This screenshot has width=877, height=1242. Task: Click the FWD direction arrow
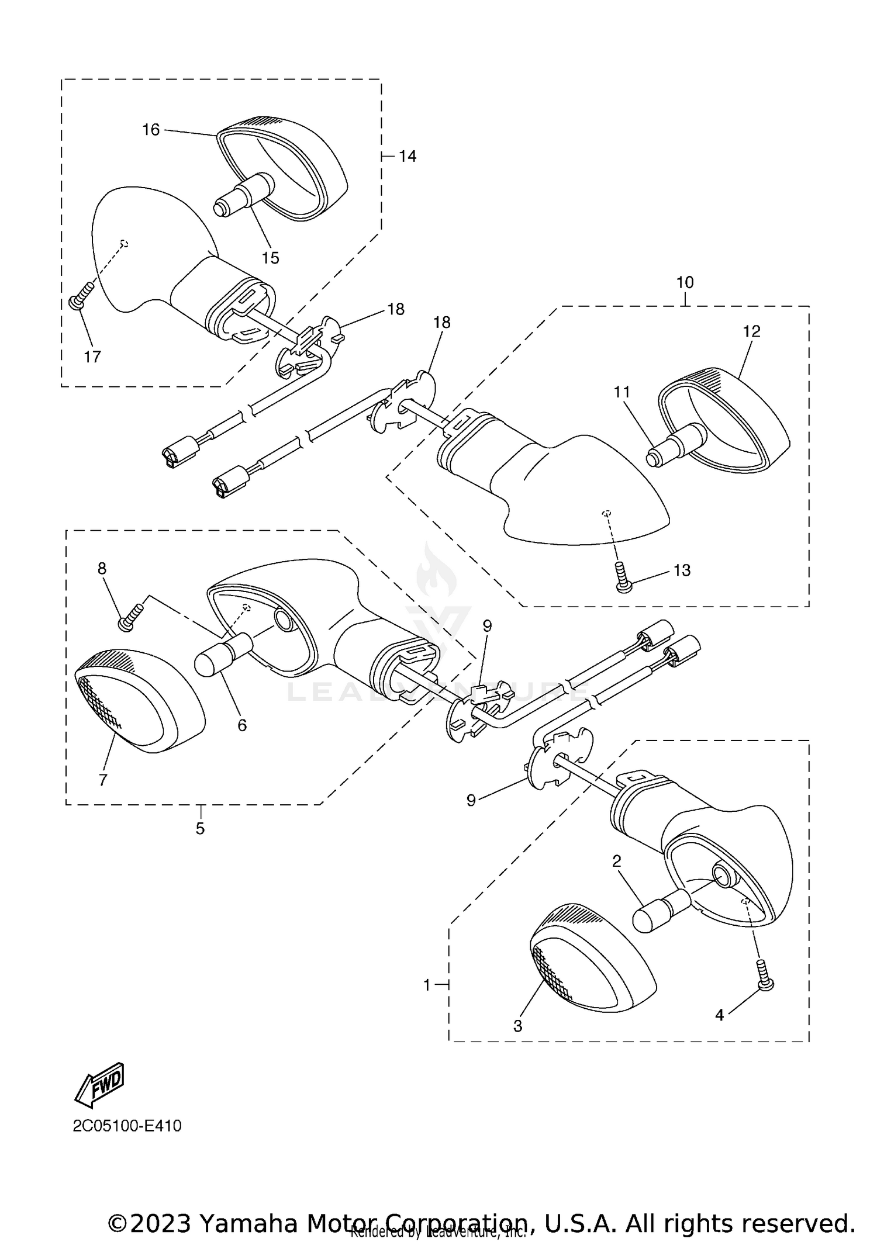99,1084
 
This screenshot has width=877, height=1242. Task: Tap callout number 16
151,129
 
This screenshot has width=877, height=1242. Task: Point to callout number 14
408,156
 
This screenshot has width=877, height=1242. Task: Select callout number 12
751,331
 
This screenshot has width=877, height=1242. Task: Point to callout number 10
685,282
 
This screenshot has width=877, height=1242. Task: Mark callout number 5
200,828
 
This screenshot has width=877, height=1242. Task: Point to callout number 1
427,985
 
